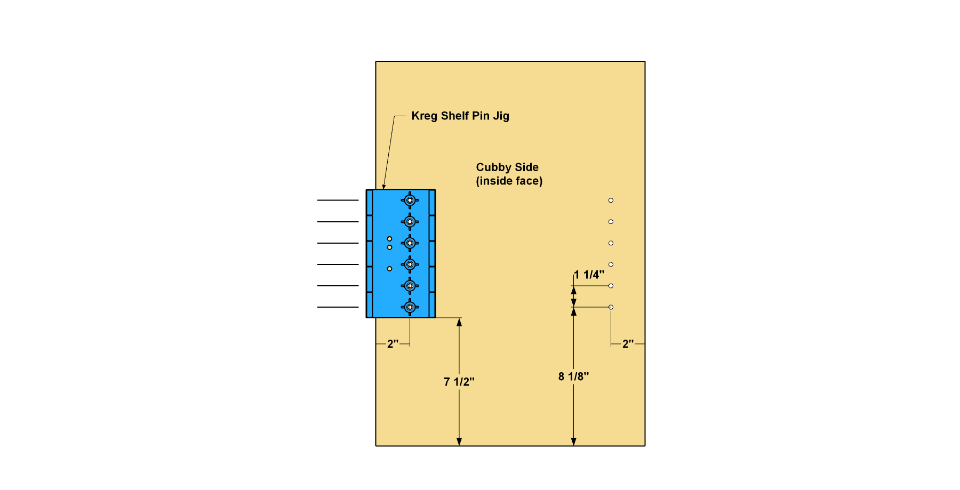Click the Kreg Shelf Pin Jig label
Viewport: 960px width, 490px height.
click(460, 116)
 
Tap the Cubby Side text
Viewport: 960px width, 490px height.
click(507, 167)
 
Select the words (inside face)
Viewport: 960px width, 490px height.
click(509, 181)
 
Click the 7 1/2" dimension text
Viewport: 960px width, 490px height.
click(459, 382)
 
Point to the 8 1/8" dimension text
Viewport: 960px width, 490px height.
click(574, 376)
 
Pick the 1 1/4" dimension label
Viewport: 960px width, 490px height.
click(589, 275)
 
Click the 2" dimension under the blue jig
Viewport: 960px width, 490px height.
click(393, 344)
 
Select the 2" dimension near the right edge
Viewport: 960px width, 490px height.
click(628, 344)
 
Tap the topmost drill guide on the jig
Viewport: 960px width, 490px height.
click(410, 200)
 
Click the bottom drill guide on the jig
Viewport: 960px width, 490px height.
click(410, 307)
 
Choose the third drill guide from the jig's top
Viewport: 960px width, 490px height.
click(410, 243)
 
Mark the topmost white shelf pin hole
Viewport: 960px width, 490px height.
click(611, 200)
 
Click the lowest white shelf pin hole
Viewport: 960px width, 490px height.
click(611, 307)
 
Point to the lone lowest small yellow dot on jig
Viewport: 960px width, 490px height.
click(389, 269)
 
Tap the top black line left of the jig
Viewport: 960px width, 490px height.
click(338, 200)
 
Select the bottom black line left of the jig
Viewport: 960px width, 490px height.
click(338, 307)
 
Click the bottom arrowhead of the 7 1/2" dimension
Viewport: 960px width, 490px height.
click(459, 442)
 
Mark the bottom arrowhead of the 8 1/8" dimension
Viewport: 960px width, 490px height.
click(574, 442)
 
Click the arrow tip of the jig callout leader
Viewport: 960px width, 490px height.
click(383, 189)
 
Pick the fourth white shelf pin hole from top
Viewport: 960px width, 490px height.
click(611, 264)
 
